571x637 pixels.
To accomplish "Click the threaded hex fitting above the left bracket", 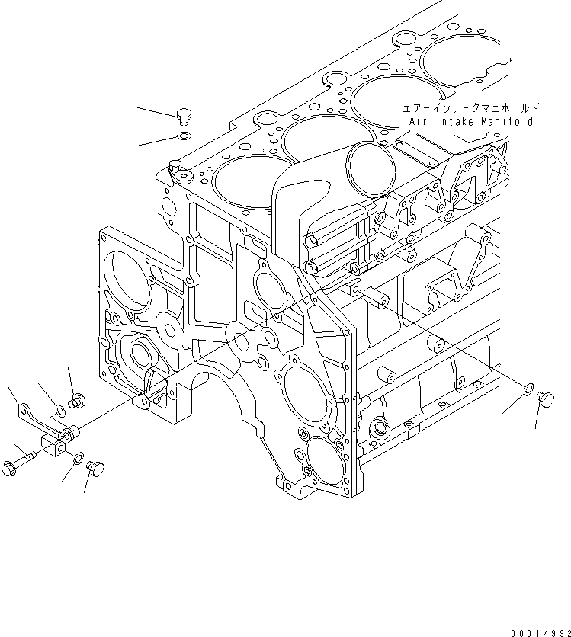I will point(75,399).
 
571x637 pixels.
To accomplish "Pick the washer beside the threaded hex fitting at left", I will point(60,412).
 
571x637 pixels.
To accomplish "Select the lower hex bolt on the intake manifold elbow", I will point(310,267).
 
